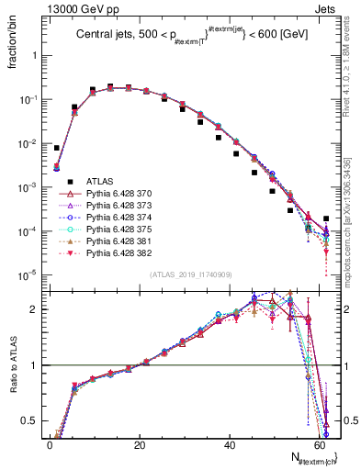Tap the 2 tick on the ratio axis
pyautogui.click(x=37, y=309)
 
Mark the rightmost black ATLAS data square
pyautogui.click(x=327, y=218)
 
